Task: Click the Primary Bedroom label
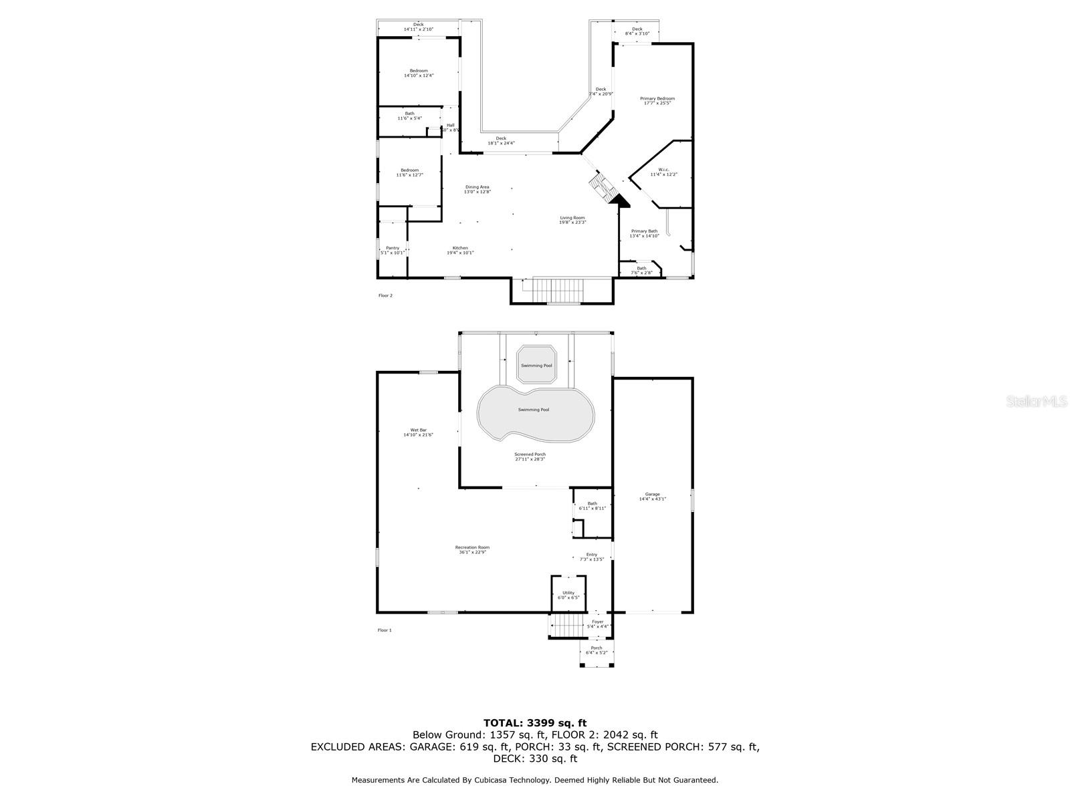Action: [x=657, y=101]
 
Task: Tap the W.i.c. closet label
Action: [x=663, y=172]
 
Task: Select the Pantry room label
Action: [x=392, y=250]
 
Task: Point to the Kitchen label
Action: [x=460, y=250]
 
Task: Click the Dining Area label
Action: [x=477, y=189]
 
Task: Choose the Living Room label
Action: [x=572, y=220]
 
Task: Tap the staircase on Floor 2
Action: [x=554, y=291]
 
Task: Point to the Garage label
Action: [x=652, y=496]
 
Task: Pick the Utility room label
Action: [x=568, y=595]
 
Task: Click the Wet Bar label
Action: [x=418, y=432]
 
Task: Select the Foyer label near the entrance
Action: [x=597, y=624]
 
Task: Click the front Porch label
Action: [x=597, y=650]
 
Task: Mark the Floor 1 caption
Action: [x=385, y=630]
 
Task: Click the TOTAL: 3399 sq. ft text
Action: [x=535, y=722]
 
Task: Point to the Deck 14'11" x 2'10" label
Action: [x=418, y=27]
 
